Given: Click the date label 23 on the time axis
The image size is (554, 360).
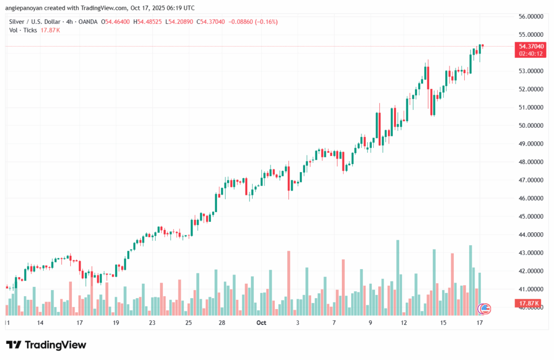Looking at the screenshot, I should [x=152, y=323].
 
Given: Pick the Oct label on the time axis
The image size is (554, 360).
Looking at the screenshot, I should [x=261, y=323].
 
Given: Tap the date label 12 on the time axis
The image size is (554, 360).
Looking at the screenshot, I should [x=404, y=323].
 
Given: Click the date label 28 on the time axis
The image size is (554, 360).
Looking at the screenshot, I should [x=222, y=323].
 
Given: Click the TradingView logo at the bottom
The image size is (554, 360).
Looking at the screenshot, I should [x=46, y=345].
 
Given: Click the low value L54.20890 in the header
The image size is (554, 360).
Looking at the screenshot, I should [x=179, y=22].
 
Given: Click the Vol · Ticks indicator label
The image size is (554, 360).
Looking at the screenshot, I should [x=23, y=30].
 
